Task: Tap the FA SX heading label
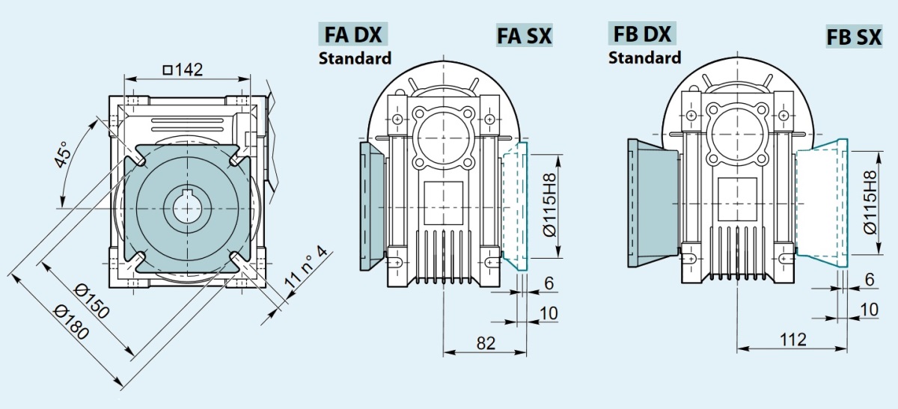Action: click(x=524, y=35)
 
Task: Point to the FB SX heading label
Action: click(x=854, y=37)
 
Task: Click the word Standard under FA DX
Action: click(x=355, y=58)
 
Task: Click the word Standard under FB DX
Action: click(x=644, y=57)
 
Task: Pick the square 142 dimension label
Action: click(x=183, y=70)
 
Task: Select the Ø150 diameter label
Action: click(x=94, y=300)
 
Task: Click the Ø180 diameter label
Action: click(x=73, y=323)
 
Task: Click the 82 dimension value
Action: click(x=486, y=342)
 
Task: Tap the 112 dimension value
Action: click(x=792, y=340)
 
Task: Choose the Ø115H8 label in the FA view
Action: click(x=550, y=203)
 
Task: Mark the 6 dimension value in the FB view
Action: click(x=869, y=279)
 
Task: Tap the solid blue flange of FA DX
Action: click(x=372, y=206)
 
